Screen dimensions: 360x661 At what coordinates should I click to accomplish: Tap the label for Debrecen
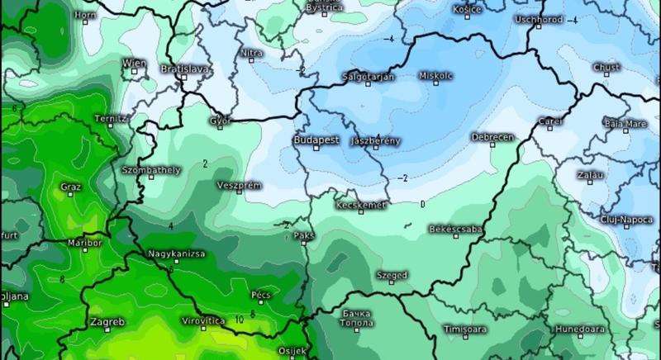(492, 136)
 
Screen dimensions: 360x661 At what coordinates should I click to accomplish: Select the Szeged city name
(392, 275)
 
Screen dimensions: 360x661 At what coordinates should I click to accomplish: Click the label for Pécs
(260, 294)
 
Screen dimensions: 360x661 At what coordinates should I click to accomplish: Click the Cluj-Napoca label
(630, 218)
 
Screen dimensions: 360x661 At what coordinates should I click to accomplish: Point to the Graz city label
(71, 187)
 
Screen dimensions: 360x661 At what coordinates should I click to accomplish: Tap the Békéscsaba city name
(459, 228)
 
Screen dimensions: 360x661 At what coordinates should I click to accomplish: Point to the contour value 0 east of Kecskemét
(422, 203)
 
